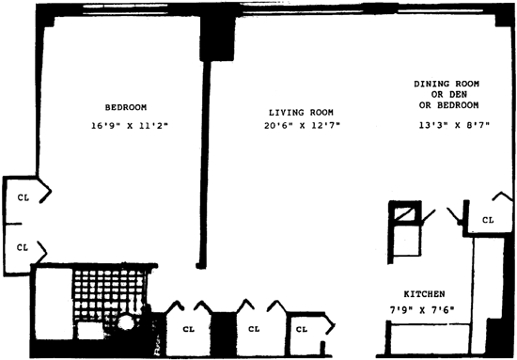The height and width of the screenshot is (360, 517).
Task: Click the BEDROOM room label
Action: tap(126, 107)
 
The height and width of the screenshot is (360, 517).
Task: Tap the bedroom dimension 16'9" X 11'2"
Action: tap(130, 126)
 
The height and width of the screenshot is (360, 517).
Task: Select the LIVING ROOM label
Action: tap(301, 113)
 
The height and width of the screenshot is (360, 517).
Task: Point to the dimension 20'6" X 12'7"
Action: tap(302, 126)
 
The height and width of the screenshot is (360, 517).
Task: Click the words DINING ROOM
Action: tap(446, 84)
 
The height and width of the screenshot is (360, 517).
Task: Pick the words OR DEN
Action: tap(449, 95)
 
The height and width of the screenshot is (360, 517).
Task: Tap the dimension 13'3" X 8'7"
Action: tap(454, 125)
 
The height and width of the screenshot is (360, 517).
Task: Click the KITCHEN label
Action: tap(424, 294)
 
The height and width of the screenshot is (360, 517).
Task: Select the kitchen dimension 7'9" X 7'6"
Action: tap(422, 310)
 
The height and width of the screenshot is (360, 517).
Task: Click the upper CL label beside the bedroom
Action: tap(23, 197)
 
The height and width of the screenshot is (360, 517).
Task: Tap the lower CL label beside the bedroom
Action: tap(23, 247)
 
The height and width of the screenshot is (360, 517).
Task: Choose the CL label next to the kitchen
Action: tap(488, 220)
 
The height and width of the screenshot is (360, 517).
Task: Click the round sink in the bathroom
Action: tap(126, 322)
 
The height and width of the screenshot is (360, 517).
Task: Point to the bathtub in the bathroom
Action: tap(54, 304)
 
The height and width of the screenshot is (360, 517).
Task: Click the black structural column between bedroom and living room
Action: tap(217, 39)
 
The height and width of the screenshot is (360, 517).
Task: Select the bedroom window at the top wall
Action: tap(125, 9)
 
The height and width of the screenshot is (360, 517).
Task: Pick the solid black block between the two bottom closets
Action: tap(224, 334)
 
